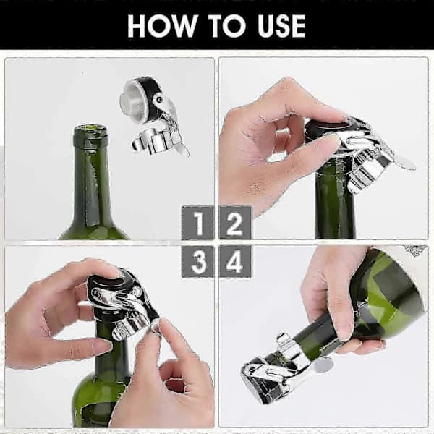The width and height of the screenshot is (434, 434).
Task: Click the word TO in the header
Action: click(227, 26)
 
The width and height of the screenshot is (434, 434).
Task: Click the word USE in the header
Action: click(281, 26)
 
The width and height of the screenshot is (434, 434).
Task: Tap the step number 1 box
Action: click(197, 223)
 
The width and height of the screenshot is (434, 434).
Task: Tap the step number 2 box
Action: click(235, 223)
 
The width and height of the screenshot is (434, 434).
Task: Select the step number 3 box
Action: click(197, 261)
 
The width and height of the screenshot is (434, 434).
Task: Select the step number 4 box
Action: click(235, 261)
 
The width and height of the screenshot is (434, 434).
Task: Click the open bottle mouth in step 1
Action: click(90, 128)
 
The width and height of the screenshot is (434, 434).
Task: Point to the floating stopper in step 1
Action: click(153, 116)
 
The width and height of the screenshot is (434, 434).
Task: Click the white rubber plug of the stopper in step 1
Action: click(132, 103)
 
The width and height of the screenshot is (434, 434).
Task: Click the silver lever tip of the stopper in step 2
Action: click(406, 165)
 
